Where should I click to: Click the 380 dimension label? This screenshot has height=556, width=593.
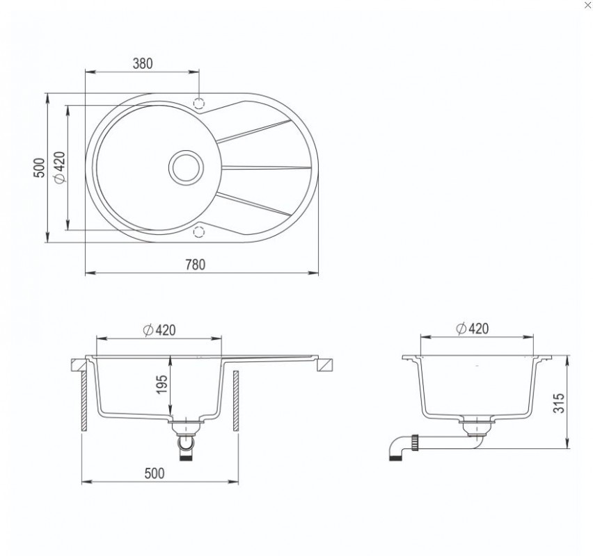coord(143,63)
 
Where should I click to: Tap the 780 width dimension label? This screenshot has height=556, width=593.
coord(195,265)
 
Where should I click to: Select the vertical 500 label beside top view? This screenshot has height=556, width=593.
coord(39,167)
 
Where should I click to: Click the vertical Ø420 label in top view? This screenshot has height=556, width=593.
coord(60,167)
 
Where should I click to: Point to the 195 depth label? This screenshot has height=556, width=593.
coord(161,384)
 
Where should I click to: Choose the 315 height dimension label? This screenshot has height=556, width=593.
coord(559,403)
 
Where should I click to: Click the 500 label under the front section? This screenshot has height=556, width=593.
coord(155,473)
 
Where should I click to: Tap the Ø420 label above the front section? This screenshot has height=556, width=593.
coord(159,330)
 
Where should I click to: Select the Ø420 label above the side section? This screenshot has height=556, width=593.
coord(473,329)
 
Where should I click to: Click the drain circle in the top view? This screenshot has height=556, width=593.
coord(186,167)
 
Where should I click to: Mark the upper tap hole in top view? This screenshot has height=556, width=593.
coord(198,103)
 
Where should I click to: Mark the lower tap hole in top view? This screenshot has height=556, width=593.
coord(198,231)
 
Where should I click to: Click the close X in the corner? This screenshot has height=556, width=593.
coord(587,5)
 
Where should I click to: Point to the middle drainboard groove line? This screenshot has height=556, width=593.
coord(266,167)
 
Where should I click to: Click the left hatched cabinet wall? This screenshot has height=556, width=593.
coord(84,401)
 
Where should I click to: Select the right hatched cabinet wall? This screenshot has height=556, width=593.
coord(236,401)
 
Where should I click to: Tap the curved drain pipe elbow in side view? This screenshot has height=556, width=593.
coord(397,448)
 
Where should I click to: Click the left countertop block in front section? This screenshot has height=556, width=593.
coord(78,366)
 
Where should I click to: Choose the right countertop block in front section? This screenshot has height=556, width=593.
coord(326,366)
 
